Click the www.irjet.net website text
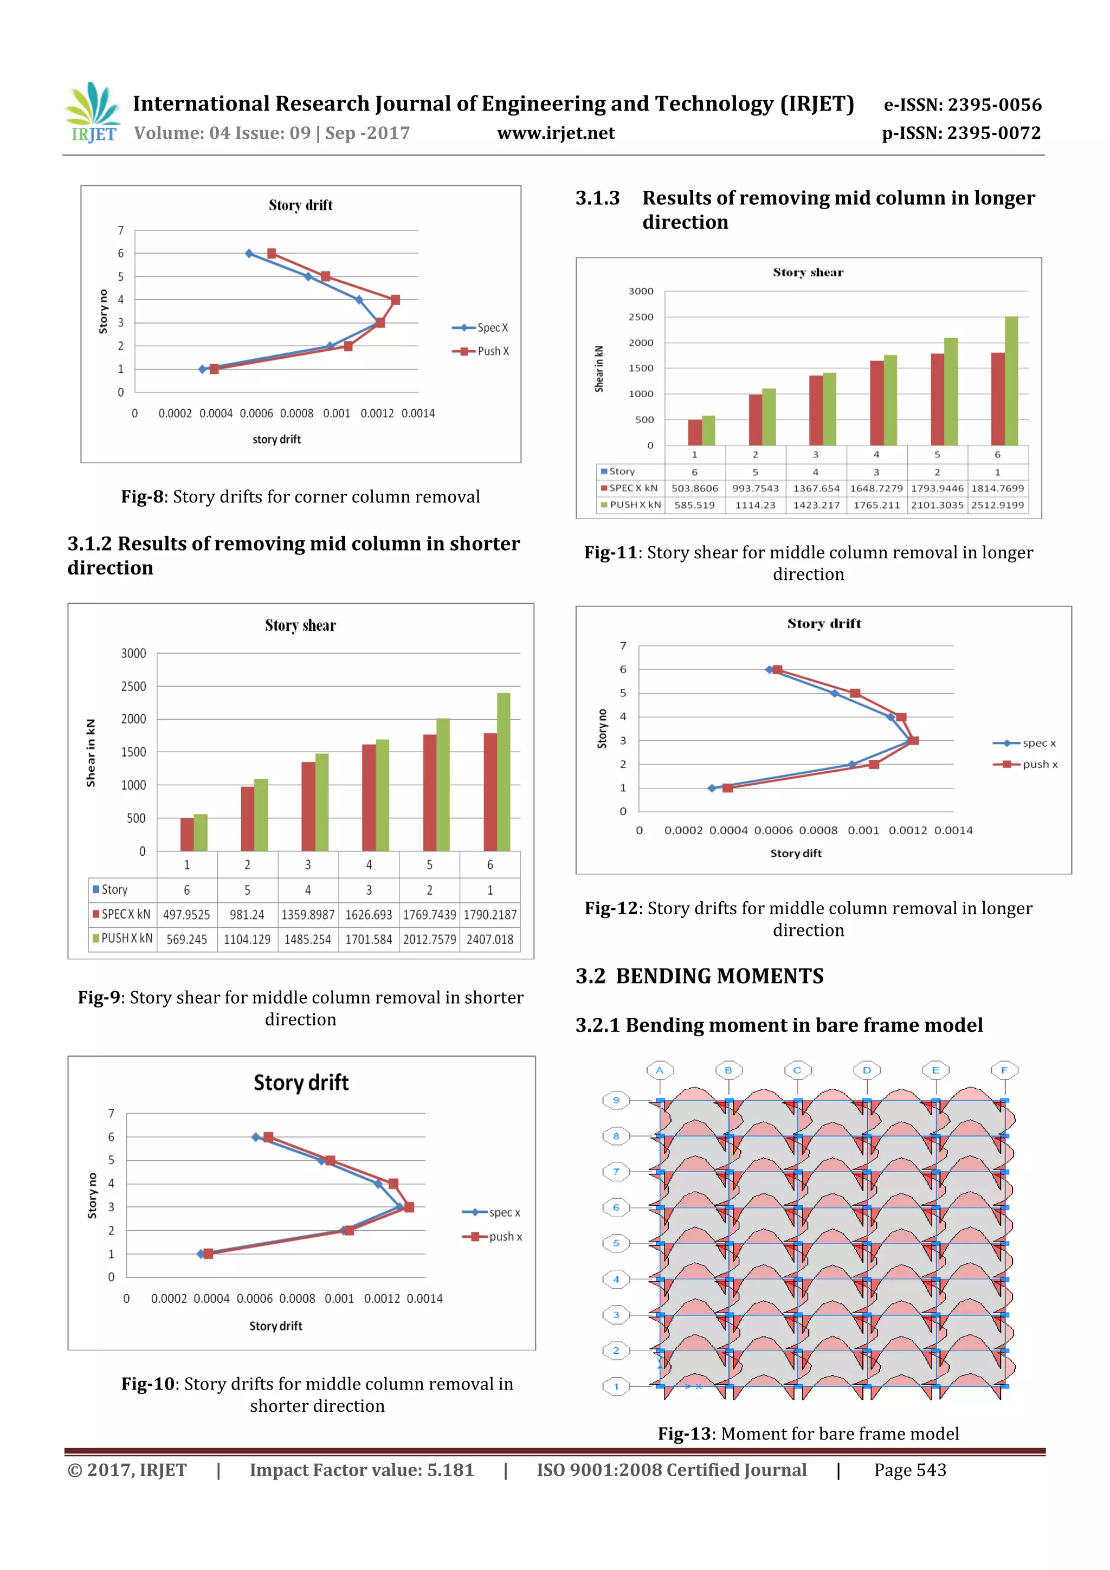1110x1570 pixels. tap(556, 133)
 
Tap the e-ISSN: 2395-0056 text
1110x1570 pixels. tap(962, 105)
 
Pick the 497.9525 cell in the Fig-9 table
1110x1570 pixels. tap(186, 915)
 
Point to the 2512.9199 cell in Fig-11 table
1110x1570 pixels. tap(997, 505)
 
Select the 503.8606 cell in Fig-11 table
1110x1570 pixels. tap(694, 489)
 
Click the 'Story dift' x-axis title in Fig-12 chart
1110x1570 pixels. tap(796, 854)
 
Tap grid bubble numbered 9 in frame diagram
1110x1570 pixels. tap(616, 1100)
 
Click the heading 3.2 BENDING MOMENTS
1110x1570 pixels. tap(699, 977)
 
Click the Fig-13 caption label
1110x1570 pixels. tap(684, 1434)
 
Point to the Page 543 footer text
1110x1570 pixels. tap(909, 1470)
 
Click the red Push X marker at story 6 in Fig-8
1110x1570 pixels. tap(272, 254)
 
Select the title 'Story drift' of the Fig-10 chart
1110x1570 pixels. tap(301, 1083)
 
